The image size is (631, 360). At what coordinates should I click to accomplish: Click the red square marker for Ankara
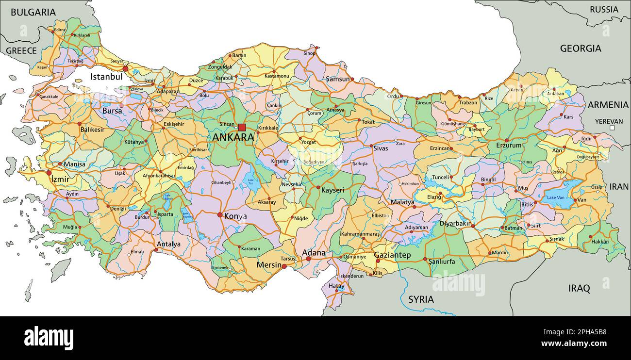tap(242, 128)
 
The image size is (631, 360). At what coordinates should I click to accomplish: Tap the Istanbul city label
tap(106, 77)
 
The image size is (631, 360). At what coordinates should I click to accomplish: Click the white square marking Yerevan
tap(612, 128)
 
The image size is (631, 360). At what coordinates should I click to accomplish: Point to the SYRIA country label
tap(421, 299)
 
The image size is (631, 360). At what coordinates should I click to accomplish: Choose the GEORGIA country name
tap(581, 49)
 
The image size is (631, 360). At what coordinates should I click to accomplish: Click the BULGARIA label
tap(33, 13)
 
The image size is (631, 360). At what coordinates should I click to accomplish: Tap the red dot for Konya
tap(220, 214)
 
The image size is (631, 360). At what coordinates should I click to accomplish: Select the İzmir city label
tap(60, 179)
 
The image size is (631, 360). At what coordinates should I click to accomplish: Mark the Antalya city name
tap(168, 244)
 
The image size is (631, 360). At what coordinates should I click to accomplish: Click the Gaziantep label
tap(392, 255)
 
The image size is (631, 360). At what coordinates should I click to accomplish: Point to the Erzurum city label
tap(509, 146)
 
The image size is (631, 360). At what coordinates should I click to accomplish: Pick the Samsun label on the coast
tap(337, 79)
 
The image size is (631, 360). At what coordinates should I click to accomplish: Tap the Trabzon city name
tap(468, 103)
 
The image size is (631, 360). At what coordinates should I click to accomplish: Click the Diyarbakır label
tap(455, 224)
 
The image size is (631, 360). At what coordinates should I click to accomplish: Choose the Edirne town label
tap(60, 30)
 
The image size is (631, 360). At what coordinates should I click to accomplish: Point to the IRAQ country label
tap(579, 289)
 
